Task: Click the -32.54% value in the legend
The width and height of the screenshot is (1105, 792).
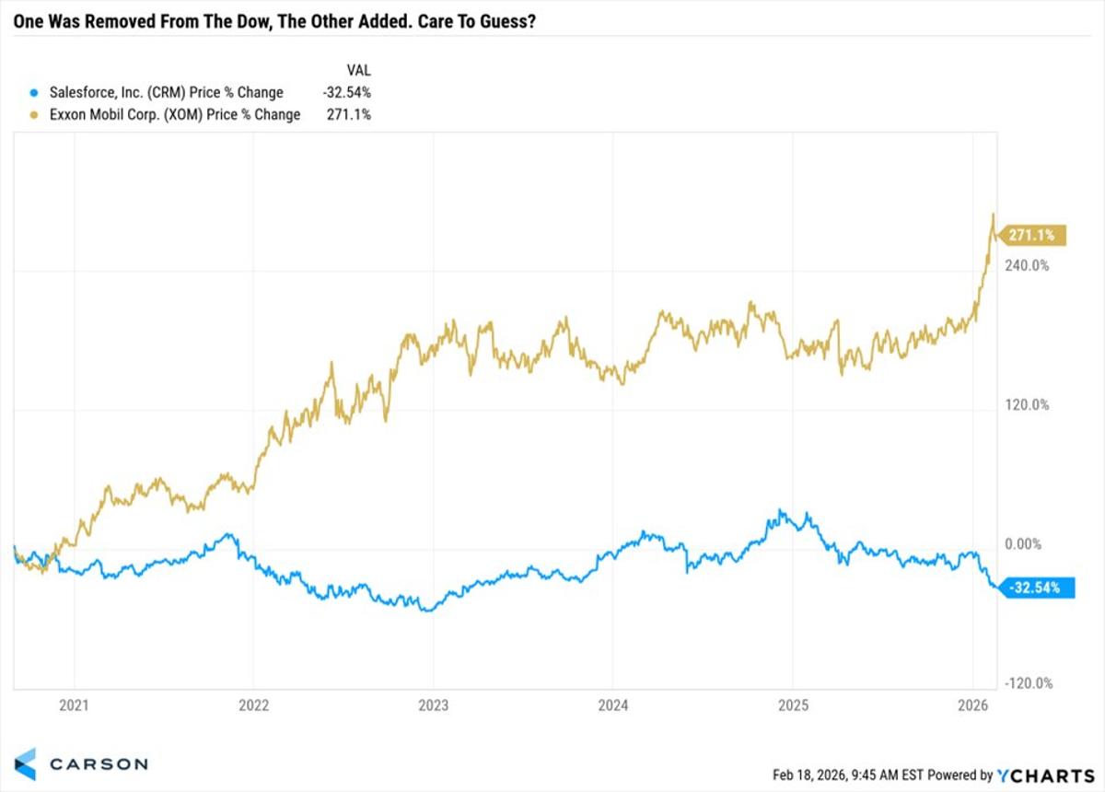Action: pos(348,92)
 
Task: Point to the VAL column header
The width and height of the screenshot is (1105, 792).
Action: pos(358,70)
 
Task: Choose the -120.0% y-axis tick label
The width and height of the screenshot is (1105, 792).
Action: pos(1028,683)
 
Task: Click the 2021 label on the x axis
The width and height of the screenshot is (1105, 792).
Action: pos(74,706)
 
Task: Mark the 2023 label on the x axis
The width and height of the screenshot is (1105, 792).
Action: pos(433,706)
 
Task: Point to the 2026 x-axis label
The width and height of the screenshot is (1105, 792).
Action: pos(972,706)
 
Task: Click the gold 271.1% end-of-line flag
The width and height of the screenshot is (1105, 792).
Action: pos(1031,236)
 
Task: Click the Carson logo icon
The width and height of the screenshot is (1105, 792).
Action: pos(25,763)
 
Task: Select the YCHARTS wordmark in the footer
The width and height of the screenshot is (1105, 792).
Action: pos(1048,775)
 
